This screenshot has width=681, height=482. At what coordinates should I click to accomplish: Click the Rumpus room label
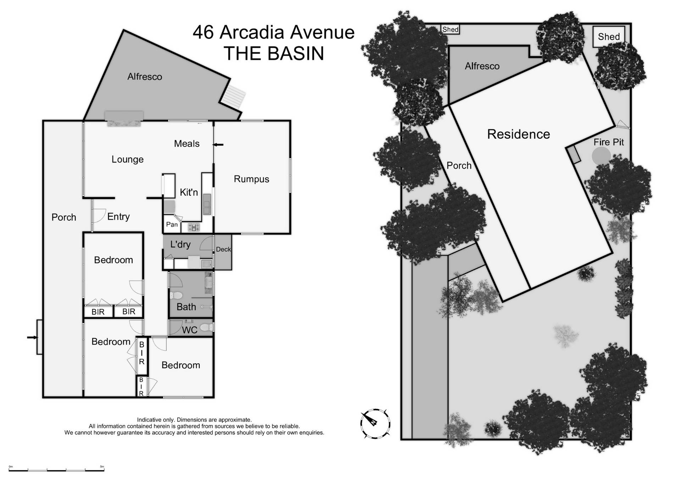click(251, 179)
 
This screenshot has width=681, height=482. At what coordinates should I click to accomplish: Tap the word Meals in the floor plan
click(187, 143)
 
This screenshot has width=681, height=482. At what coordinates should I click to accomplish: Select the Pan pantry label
click(172, 224)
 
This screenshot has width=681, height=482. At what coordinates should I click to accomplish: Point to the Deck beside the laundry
click(223, 250)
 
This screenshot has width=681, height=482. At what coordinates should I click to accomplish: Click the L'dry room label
click(180, 244)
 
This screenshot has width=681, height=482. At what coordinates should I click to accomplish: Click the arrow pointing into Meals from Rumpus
click(218, 144)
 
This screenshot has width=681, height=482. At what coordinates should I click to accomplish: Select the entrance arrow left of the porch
click(32, 337)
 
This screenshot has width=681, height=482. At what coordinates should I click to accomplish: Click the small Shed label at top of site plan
click(450, 29)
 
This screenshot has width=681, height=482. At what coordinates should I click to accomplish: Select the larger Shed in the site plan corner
click(609, 37)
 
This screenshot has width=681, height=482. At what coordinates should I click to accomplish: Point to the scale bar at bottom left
click(57, 470)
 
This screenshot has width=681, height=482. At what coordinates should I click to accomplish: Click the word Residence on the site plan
click(518, 134)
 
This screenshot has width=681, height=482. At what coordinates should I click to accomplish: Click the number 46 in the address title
click(203, 32)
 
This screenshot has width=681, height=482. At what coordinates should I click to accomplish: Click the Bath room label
click(186, 307)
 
